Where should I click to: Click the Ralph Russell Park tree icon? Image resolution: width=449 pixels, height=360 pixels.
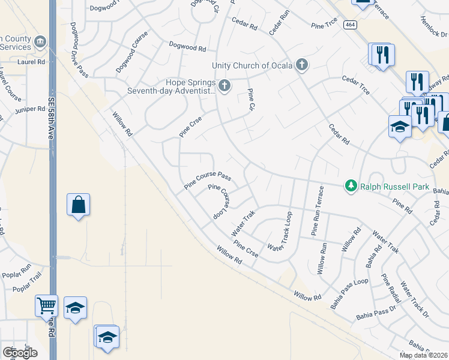(352, 187)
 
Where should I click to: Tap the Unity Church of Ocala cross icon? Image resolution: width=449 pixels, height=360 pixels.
(301, 65)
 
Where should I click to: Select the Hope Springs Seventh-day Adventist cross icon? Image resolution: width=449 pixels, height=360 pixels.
(224, 86)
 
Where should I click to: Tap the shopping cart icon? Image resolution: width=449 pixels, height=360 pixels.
(46, 305)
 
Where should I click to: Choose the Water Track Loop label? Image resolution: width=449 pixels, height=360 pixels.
(280, 232)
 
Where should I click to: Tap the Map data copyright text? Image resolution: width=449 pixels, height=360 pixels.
(423, 355)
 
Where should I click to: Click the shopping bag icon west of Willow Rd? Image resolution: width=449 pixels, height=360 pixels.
(78, 205)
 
